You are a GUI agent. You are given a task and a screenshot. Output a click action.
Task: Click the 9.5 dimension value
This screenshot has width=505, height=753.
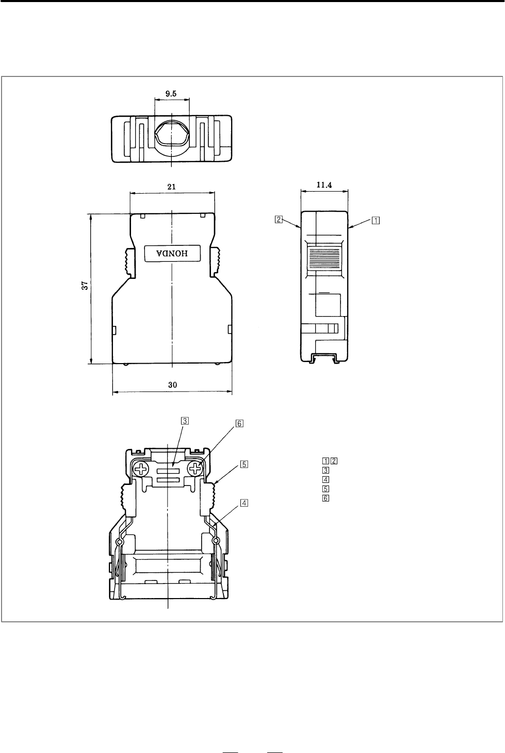click(x=171, y=94)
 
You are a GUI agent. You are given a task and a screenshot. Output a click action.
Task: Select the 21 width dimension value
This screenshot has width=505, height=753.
click(x=172, y=187)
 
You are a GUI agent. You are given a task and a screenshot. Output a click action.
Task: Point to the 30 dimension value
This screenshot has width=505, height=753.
click(x=173, y=385)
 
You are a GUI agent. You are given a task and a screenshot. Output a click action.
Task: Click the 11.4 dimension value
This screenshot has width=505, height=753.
click(x=324, y=184)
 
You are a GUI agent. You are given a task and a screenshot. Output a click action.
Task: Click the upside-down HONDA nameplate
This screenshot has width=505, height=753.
click(x=173, y=254)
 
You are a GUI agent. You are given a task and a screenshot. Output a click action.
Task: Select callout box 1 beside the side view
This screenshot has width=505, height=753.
click(x=376, y=221)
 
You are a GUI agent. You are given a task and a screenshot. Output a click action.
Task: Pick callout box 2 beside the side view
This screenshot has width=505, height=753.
click(x=279, y=219)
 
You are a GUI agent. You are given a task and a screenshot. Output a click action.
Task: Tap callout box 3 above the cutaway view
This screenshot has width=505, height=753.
click(x=185, y=420)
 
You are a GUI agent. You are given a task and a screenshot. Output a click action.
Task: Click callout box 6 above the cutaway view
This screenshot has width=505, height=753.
click(x=239, y=423)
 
